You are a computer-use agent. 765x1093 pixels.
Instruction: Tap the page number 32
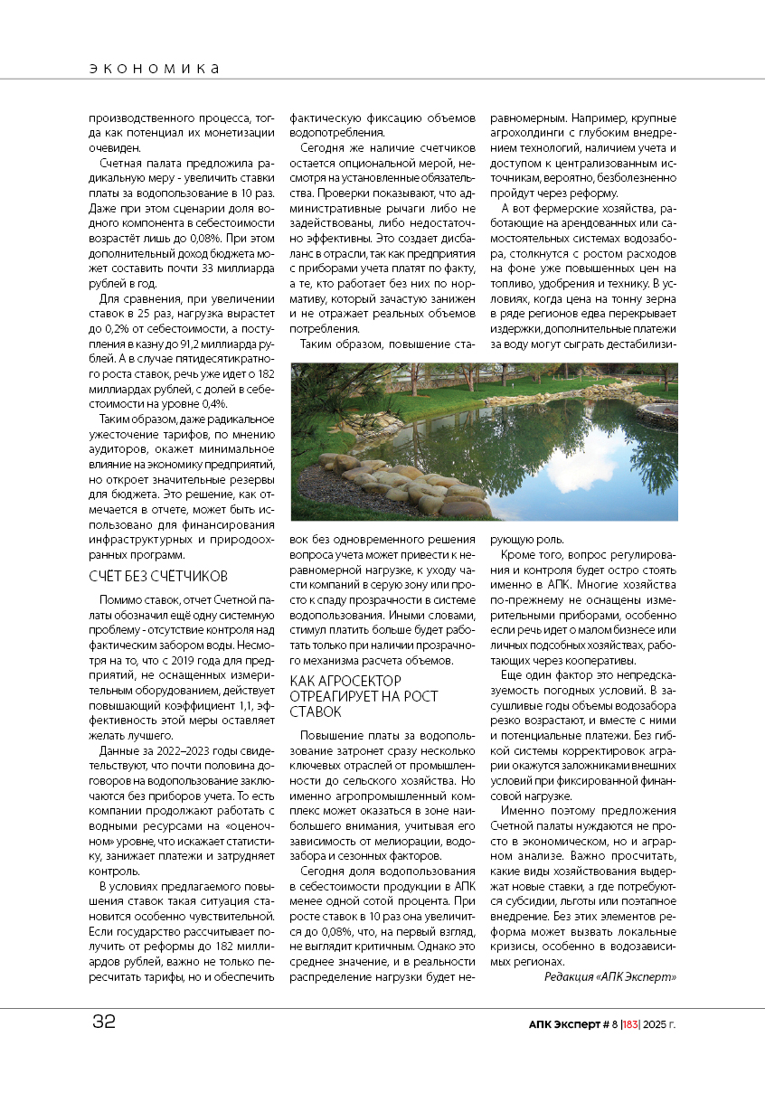[x=104, y=1022]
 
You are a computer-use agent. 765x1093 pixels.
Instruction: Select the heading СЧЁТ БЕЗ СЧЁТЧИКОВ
[x=157, y=576]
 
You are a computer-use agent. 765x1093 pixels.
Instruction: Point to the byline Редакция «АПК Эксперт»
[x=610, y=977]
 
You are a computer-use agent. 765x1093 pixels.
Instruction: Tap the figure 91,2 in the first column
[x=204, y=344]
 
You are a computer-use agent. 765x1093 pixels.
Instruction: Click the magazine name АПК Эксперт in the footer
[x=565, y=1024]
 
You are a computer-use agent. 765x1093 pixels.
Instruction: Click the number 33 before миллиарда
[x=209, y=269]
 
